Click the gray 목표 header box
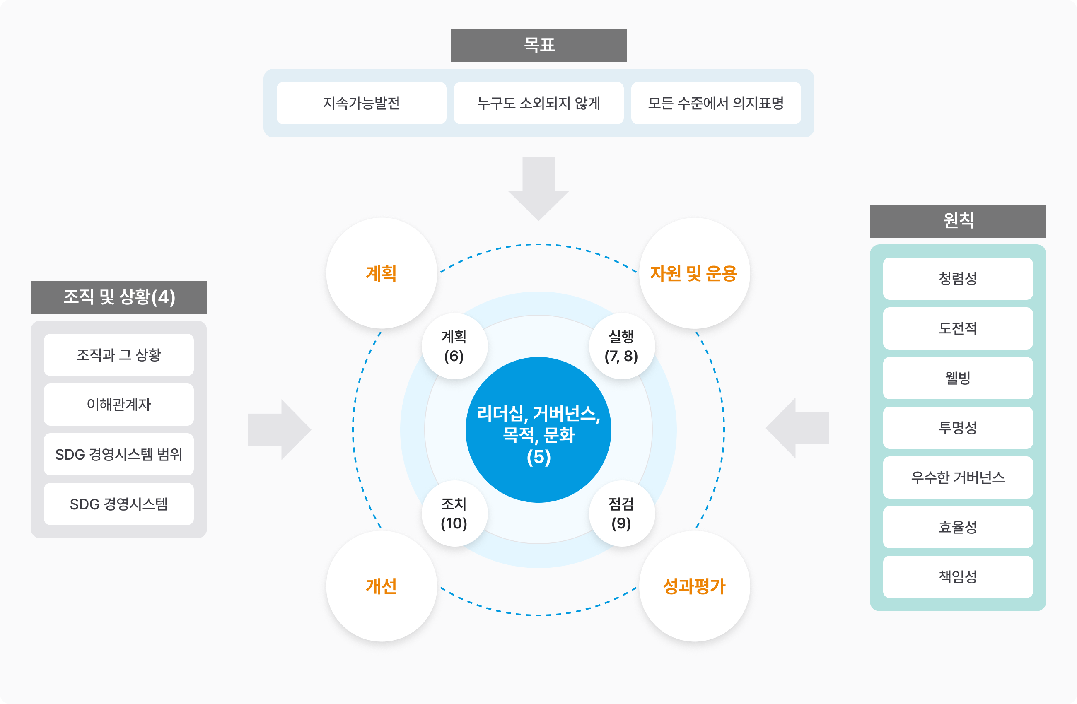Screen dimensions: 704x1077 point(538,45)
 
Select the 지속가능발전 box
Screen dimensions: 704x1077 point(361,103)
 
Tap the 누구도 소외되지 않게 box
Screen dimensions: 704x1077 point(538,103)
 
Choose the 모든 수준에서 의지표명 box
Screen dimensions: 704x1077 point(716,103)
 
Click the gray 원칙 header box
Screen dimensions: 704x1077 point(958,221)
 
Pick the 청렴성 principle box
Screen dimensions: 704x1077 point(958,279)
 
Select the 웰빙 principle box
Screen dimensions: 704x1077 point(958,378)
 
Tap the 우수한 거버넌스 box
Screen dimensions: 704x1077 point(958,477)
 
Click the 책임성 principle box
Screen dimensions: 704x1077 point(958,576)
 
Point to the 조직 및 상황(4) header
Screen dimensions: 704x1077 point(118,297)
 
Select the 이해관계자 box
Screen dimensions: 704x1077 point(118,405)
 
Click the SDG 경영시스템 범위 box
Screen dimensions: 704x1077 point(118,454)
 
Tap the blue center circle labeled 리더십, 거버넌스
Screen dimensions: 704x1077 point(538,430)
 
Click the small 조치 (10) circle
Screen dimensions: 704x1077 point(454,514)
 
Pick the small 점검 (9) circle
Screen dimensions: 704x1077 point(622,514)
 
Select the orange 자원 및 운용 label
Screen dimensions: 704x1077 point(694,274)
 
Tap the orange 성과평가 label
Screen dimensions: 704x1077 point(694,586)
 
